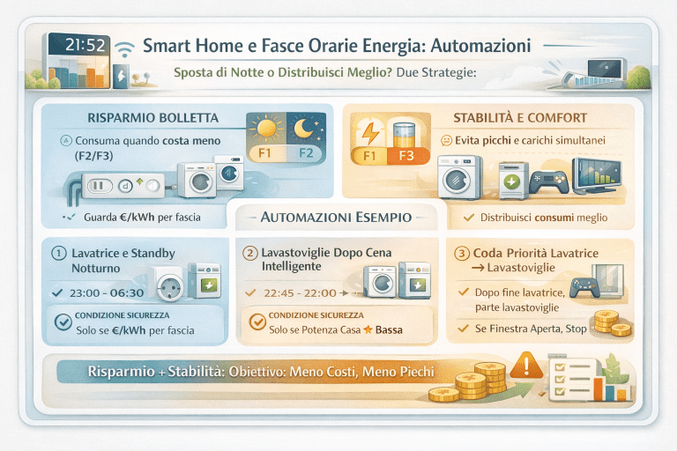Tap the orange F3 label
point(406,156)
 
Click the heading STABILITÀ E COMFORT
point(520,118)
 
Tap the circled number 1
point(60,254)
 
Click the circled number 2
point(250,254)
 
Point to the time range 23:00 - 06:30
point(105,292)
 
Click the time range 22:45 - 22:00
point(300,292)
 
